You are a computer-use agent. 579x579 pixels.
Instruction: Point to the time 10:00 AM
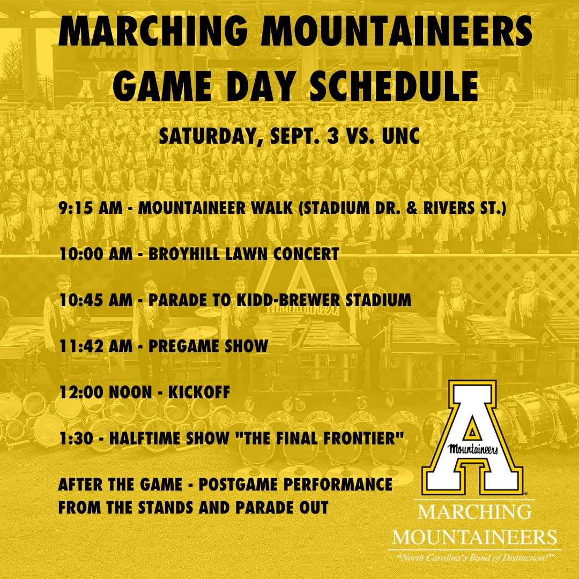coord(95,254)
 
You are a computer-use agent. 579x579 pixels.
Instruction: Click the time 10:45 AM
coord(95,300)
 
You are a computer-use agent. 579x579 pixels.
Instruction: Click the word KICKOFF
coord(199,392)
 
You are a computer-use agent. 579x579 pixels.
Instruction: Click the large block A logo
coord(472,437)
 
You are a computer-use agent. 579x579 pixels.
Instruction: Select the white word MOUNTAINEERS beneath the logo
coord(474,537)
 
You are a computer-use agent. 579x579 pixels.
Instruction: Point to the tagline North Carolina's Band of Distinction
coord(474,558)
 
